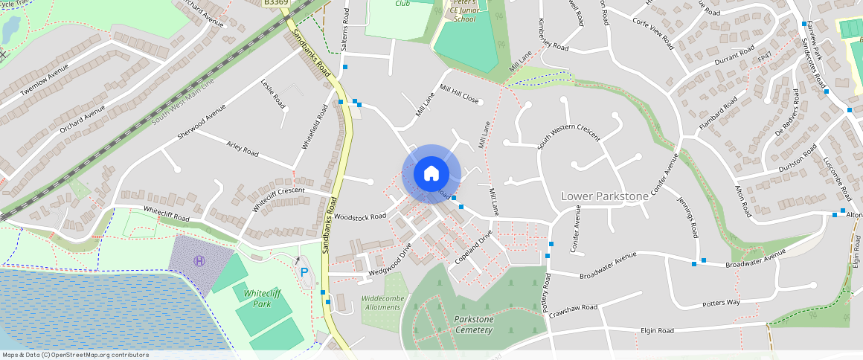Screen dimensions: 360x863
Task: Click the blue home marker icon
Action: click(x=431, y=174)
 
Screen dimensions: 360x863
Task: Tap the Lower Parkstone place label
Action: click(x=604, y=196)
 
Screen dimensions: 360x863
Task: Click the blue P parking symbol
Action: click(x=304, y=273)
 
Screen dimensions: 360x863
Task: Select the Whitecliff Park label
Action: click(x=251, y=298)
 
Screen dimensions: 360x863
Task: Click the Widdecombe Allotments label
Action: click(x=381, y=303)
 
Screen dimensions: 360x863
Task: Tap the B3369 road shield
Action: click(x=275, y=3)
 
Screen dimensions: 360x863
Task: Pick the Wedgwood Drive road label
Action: click(x=390, y=261)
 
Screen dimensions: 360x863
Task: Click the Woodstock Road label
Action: click(x=360, y=216)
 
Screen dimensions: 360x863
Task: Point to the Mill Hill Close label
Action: click(x=459, y=94)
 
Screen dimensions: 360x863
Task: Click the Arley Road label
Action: click(x=243, y=148)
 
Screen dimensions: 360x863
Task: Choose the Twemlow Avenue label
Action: click(x=45, y=78)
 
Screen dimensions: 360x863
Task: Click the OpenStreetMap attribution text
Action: click(x=75, y=355)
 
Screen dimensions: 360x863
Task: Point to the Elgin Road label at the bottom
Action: click(x=657, y=330)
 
